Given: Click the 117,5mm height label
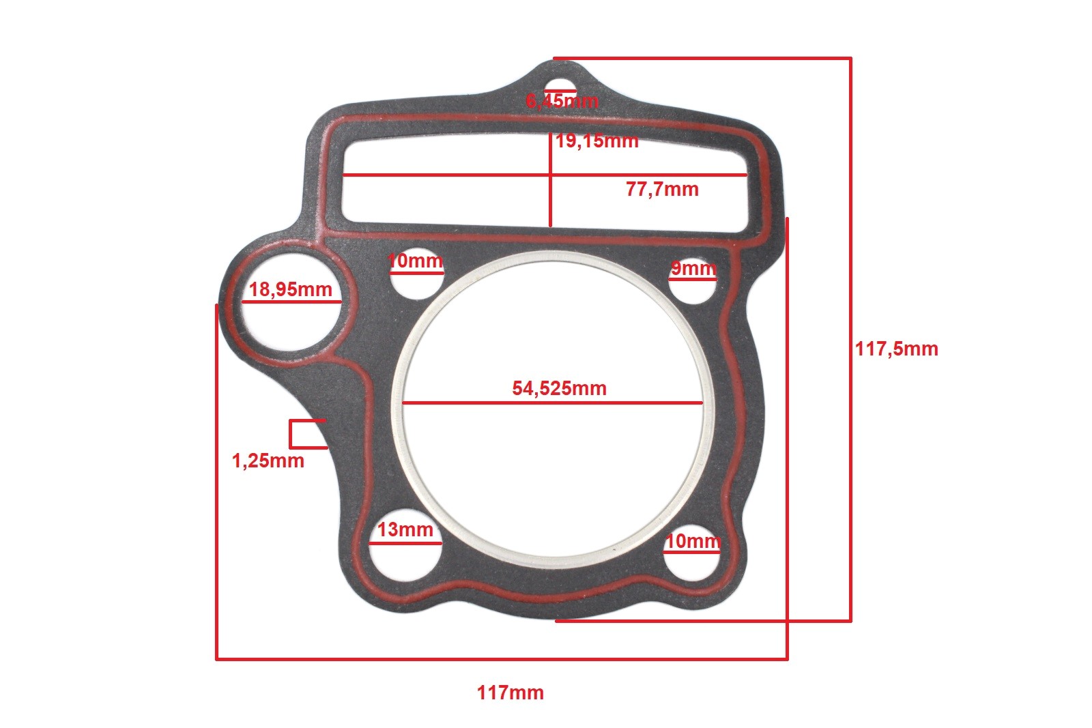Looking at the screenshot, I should pos(896,349).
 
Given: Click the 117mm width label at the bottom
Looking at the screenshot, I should pos(510,693).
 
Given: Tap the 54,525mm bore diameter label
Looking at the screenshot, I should pos(559,388).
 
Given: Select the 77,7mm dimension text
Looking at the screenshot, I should pos(662,189).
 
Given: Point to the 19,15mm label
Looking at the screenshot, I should pos(597,141).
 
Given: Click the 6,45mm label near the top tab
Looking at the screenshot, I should pos(562,101).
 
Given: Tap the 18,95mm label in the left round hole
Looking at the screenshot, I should pos(290,289).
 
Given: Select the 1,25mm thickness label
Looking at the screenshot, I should pos(268,461).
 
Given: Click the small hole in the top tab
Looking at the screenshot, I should pos(560,86).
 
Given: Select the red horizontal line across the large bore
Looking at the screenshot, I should pos(478,403).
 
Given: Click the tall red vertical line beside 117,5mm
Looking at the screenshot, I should pos(850,478).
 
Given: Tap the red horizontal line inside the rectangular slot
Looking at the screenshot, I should pos(444,175).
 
